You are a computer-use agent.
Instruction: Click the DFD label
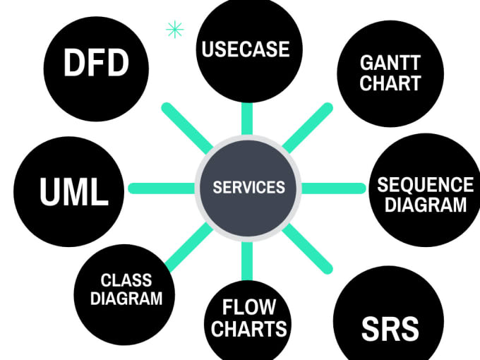tap(96, 64)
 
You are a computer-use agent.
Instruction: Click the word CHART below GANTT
tap(390, 83)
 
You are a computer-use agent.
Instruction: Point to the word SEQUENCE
tap(425, 185)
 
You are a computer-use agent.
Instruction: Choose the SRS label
tap(390, 329)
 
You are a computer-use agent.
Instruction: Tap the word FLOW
tap(248, 308)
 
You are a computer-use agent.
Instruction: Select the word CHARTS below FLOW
tap(248, 328)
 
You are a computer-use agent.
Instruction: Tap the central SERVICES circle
tap(248, 188)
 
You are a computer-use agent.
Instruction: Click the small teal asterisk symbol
tap(174, 30)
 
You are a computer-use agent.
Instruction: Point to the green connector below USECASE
tap(247, 118)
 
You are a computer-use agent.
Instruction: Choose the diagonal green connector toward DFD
tap(187, 128)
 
